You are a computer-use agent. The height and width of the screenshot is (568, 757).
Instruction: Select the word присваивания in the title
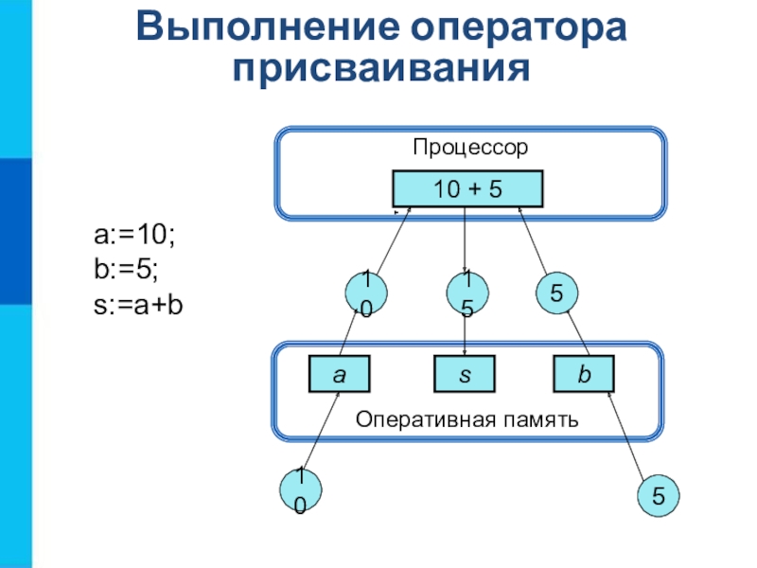point(379,67)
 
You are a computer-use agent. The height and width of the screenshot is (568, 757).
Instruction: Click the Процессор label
point(469,148)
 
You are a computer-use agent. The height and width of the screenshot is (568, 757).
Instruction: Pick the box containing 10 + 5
point(467,189)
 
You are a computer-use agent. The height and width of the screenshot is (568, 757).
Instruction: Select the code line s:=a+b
point(138,306)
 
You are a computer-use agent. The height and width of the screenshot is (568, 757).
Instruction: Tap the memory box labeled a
point(339,375)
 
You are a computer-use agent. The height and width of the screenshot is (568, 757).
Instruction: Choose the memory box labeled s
point(466,375)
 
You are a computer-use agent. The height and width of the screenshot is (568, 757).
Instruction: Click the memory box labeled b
point(585,375)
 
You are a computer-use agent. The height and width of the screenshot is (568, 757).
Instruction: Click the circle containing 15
point(467,293)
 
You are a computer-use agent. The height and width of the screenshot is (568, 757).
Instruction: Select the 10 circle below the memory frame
point(300,490)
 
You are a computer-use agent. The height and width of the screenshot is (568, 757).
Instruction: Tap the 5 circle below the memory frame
point(658,495)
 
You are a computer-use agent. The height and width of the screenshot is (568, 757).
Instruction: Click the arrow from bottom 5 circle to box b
point(628,436)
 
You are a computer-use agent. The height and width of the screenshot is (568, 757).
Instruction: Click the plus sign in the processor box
point(468,189)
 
